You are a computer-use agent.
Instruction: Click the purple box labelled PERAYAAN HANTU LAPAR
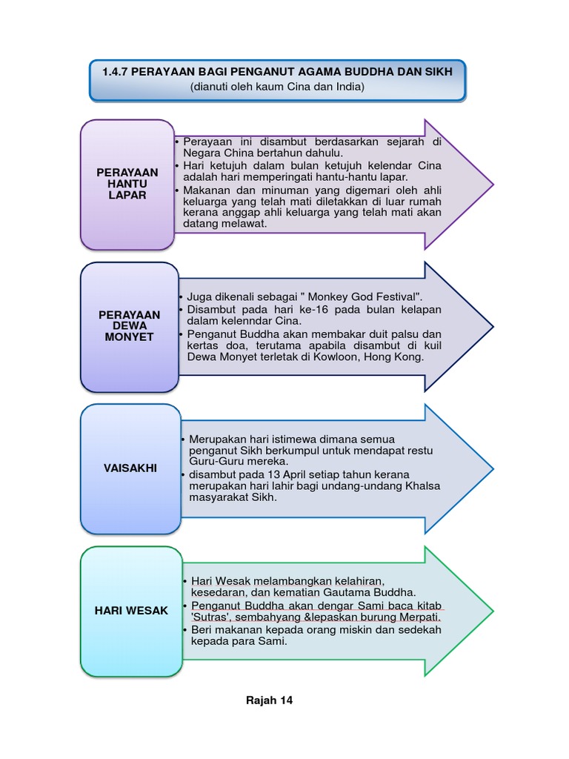pyautogui.click(x=127, y=184)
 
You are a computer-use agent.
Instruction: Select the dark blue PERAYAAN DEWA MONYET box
pyautogui.click(x=129, y=326)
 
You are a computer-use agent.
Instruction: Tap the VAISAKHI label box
pyautogui.click(x=130, y=468)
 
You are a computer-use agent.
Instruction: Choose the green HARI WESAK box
pyautogui.click(x=131, y=610)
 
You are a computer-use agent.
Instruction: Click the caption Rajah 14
pyautogui.click(x=269, y=700)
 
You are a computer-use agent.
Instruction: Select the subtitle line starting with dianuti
pyautogui.click(x=277, y=87)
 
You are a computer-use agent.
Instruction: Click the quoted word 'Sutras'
pyautogui.click(x=210, y=617)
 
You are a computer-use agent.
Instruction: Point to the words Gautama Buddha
pyautogui.click(x=373, y=592)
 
